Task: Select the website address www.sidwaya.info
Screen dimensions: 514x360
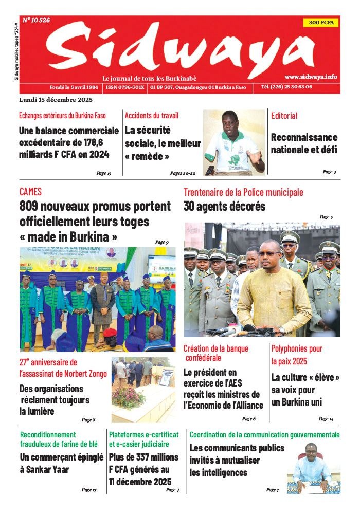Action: coord(311,76)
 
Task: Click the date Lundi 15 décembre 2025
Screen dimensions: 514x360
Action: coord(56,99)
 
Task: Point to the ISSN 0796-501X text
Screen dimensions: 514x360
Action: coord(125,87)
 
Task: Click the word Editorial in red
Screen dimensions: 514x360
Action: coord(284,116)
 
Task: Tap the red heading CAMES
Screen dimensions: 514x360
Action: coord(30,192)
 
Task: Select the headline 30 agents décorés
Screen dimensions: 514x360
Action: coord(224,207)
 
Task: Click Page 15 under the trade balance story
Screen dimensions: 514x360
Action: coord(104,173)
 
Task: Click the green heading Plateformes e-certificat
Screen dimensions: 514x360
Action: coord(143,435)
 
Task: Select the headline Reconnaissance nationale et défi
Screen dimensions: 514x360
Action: coord(304,143)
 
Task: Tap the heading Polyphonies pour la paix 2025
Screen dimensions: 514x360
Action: coord(297,355)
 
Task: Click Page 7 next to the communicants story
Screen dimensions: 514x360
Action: coord(272,490)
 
